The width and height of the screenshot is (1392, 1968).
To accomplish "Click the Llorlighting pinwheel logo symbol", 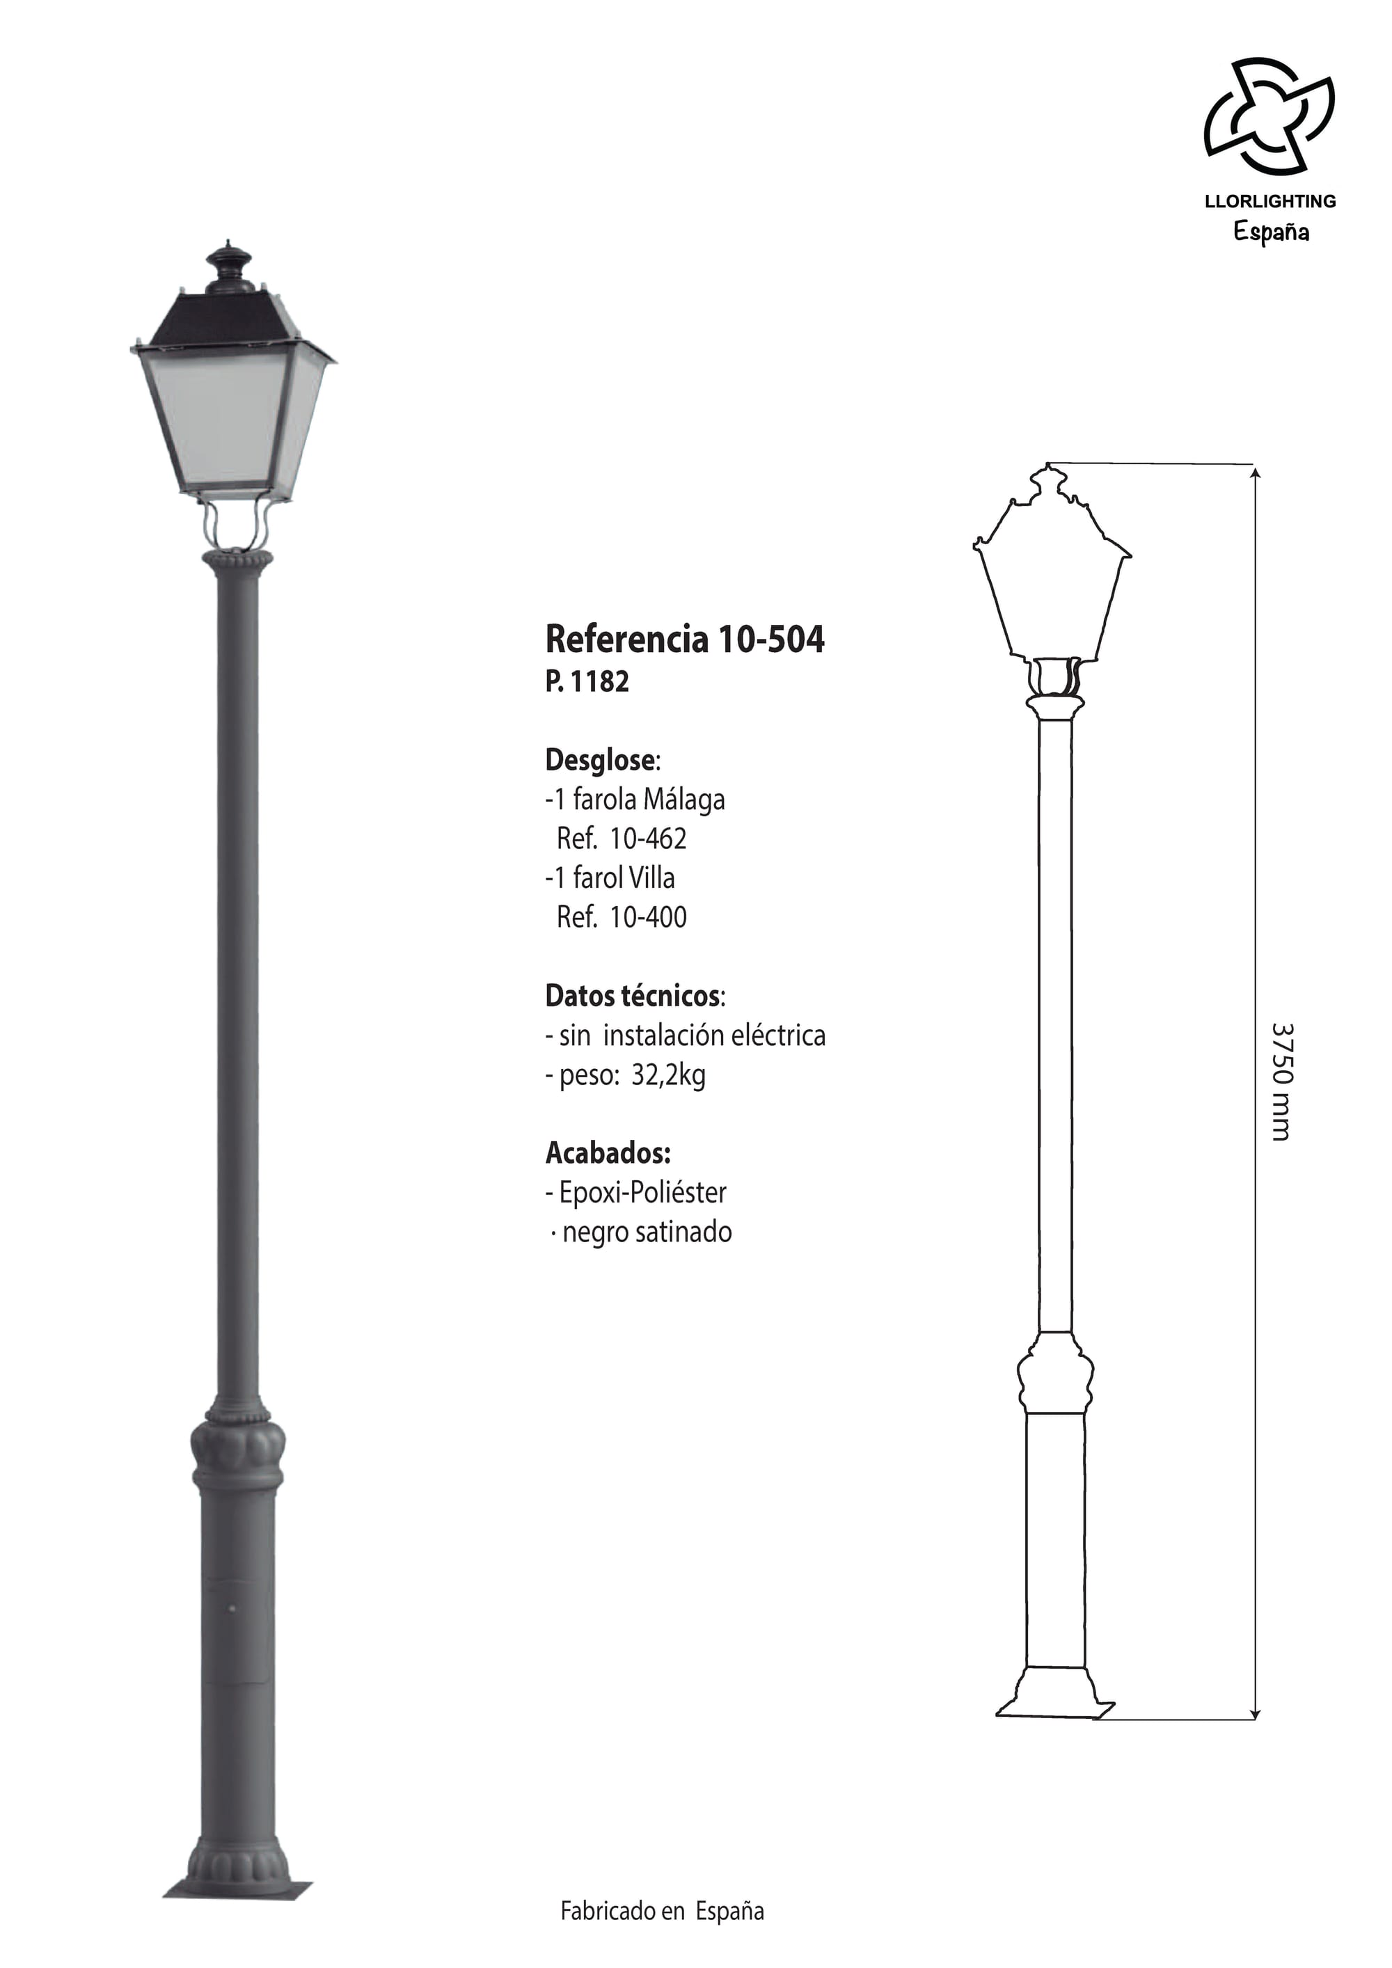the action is (x=1269, y=116).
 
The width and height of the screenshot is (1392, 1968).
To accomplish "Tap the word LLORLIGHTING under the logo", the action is (x=1270, y=201).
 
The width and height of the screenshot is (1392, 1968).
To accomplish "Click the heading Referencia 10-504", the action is (x=685, y=640).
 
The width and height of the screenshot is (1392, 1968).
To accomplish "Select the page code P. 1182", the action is (x=587, y=681).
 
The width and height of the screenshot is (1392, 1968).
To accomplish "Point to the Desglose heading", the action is (x=603, y=761).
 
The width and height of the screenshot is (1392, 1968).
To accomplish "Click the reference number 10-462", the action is (x=648, y=839).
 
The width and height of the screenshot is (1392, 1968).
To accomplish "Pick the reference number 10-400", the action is (x=648, y=917).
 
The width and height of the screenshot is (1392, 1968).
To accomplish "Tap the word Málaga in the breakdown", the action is (x=684, y=799).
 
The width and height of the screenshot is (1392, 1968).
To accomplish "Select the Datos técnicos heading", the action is (x=634, y=996).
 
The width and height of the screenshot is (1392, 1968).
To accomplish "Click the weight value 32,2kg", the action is (x=669, y=1076).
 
